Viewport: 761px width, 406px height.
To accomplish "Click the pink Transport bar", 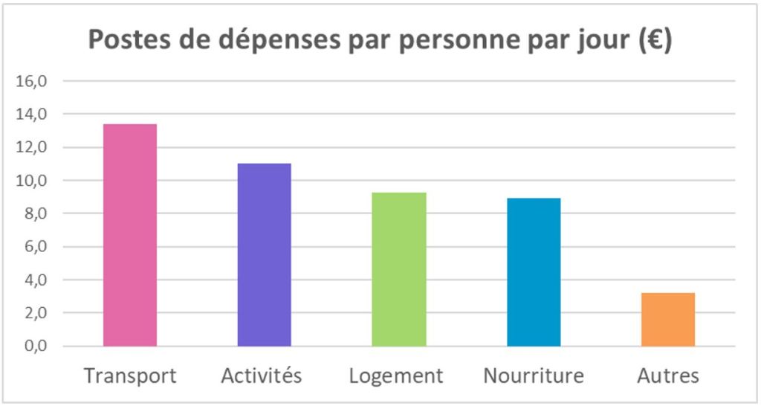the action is click(130, 235).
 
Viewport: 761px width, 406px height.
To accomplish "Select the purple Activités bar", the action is click(265, 255).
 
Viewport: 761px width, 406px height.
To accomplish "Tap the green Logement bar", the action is click(399, 269).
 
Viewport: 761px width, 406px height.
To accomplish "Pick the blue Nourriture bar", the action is click(534, 272).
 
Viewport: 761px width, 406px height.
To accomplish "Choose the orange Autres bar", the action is click(668, 320).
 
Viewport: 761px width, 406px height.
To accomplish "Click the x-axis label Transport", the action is click(130, 376).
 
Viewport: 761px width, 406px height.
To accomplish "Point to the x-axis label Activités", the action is click(262, 376).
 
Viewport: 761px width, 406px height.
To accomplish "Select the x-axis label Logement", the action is click(396, 376).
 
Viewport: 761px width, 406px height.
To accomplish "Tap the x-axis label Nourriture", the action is click(534, 376).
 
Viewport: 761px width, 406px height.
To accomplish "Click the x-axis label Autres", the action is click(668, 376).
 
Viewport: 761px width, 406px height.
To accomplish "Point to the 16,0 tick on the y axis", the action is click(31, 81).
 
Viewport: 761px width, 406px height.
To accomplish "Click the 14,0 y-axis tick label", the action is click(31, 114).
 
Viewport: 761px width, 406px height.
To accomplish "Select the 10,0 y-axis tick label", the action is click(31, 181).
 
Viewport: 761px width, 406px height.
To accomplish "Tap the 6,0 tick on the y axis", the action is click(35, 247).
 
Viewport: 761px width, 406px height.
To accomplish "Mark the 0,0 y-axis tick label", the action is click(35, 347).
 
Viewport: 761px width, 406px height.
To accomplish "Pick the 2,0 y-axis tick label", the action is click(35, 313).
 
